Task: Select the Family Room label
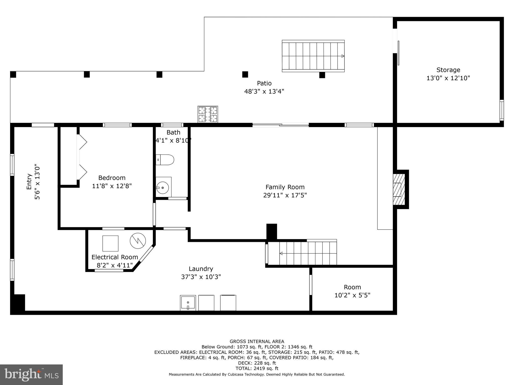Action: click(x=285, y=187)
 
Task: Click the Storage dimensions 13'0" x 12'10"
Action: click(x=448, y=78)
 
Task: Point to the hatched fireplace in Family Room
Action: click(x=399, y=189)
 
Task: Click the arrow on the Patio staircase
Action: click(x=343, y=56)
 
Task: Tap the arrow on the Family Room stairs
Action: click(x=281, y=253)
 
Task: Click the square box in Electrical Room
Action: click(x=110, y=243)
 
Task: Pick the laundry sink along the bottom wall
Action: click(x=188, y=303)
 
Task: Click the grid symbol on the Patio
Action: click(x=208, y=114)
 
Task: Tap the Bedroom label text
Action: click(x=112, y=178)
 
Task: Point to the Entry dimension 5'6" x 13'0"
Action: click(x=37, y=182)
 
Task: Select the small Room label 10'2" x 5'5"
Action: click(x=352, y=291)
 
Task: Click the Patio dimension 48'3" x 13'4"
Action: click(x=264, y=91)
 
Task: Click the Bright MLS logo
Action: click(x=31, y=374)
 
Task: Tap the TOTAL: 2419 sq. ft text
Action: click(x=257, y=368)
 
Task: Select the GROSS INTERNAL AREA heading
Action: click(x=257, y=341)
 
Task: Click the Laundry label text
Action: click(x=201, y=269)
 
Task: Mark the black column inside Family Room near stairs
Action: click(x=272, y=232)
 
